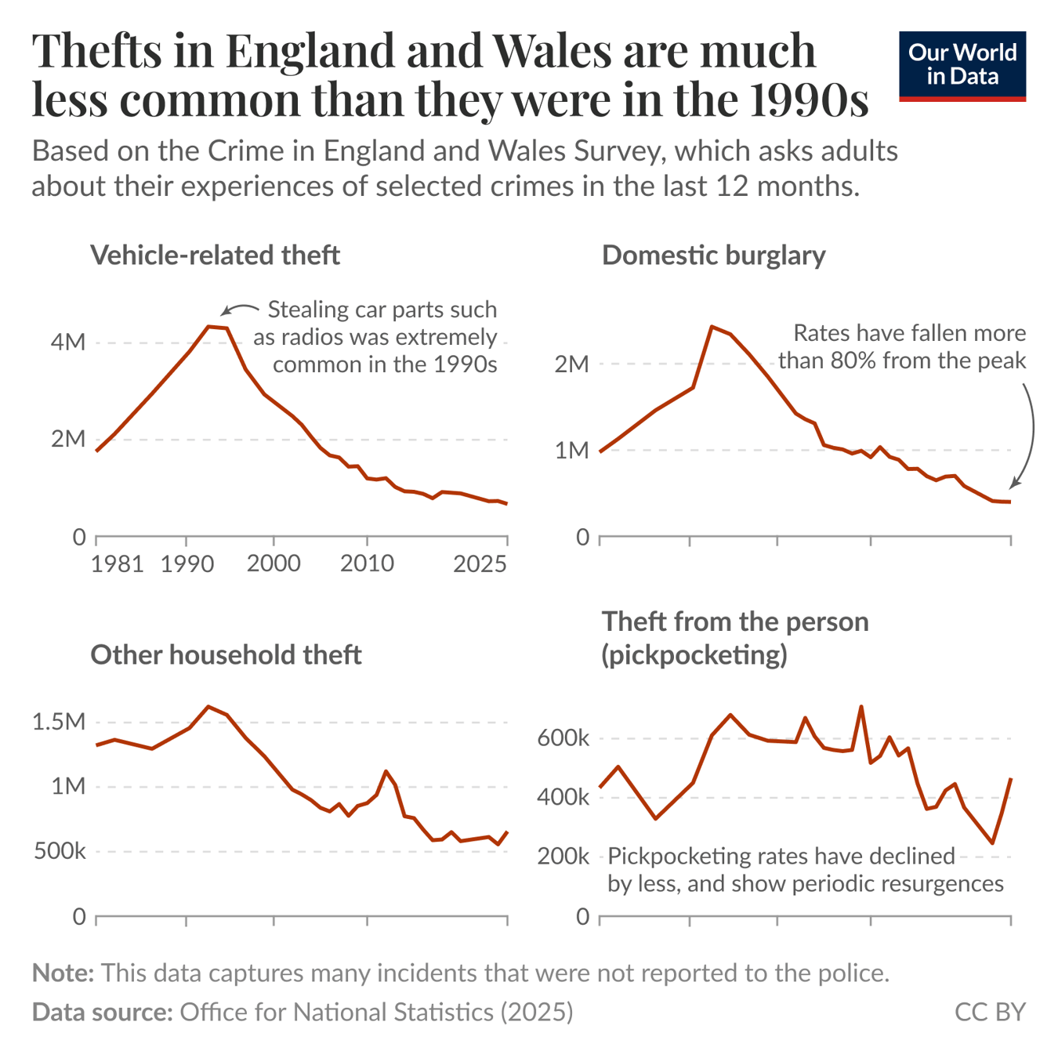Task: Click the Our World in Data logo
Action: pyautogui.click(x=962, y=66)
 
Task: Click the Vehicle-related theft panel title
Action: pyautogui.click(x=215, y=255)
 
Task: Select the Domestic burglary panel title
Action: pyautogui.click(x=713, y=255)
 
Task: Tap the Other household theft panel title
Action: pyautogui.click(x=226, y=654)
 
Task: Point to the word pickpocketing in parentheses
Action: pyautogui.click(x=694, y=655)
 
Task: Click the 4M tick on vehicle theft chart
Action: pyautogui.click(x=68, y=342)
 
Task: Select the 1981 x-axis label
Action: pyautogui.click(x=117, y=563)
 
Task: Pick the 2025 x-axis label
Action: pyautogui.click(x=480, y=563)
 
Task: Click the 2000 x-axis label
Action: pyautogui.click(x=274, y=563)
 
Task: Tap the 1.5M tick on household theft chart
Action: pyautogui.click(x=59, y=722)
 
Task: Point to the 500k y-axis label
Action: pyautogui.click(x=60, y=851)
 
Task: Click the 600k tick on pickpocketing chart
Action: pyautogui.click(x=563, y=738)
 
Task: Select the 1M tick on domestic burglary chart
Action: pyautogui.click(x=571, y=451)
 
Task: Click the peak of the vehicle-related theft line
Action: pyautogui.click(x=208, y=326)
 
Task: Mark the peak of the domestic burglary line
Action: pyautogui.click(x=711, y=326)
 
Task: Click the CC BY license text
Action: pyautogui.click(x=990, y=1012)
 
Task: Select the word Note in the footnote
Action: pyautogui.click(x=62, y=973)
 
